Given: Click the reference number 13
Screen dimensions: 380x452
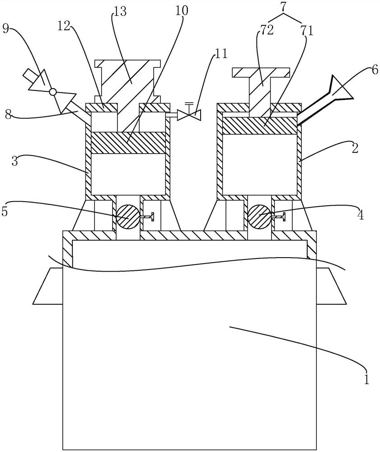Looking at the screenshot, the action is coord(120,13).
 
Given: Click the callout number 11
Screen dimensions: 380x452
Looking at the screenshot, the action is coord(220,54).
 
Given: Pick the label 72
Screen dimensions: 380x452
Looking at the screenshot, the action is coord(267,30).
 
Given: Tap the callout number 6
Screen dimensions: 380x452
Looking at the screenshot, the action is coord(374,70).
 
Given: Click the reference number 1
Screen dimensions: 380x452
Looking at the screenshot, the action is coord(366,379).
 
